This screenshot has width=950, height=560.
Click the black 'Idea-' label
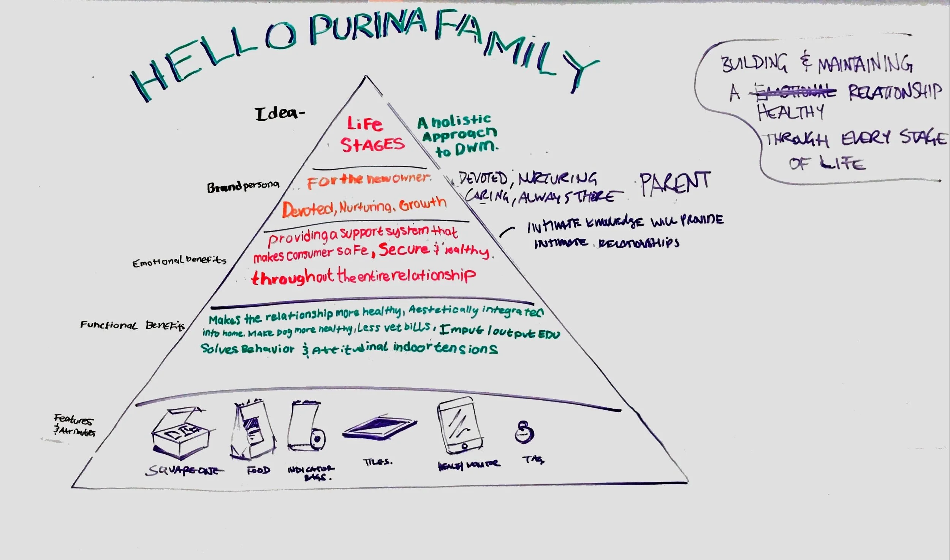(x=280, y=114)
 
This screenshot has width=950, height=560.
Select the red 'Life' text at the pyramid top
(x=364, y=124)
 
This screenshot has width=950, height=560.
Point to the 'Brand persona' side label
(x=243, y=186)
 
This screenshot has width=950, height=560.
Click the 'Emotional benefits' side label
(x=179, y=261)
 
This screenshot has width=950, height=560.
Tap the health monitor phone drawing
(x=460, y=426)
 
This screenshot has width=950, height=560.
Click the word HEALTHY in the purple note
(x=790, y=113)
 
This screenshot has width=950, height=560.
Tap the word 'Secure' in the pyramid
(x=404, y=249)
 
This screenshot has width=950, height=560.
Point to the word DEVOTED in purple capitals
(x=483, y=178)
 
